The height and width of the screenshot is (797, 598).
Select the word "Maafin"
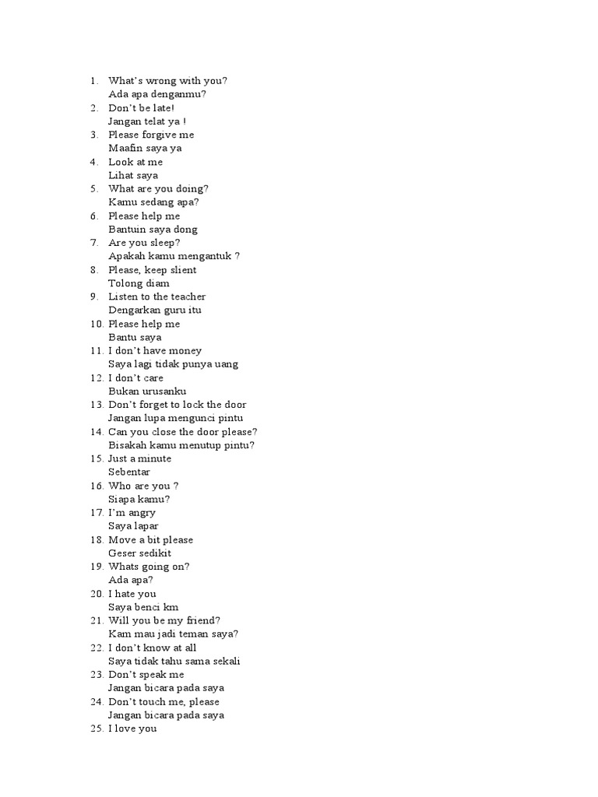point(125,148)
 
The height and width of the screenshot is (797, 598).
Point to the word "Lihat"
point(120,175)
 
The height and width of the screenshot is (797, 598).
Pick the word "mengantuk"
point(206,256)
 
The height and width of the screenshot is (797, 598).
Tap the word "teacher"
point(188,297)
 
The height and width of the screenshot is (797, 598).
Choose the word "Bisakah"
point(128,445)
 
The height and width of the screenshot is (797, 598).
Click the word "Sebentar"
point(130,472)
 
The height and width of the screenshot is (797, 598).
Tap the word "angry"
point(141,513)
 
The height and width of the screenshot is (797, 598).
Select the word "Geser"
point(122,553)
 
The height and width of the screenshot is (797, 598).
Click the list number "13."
point(97,405)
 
